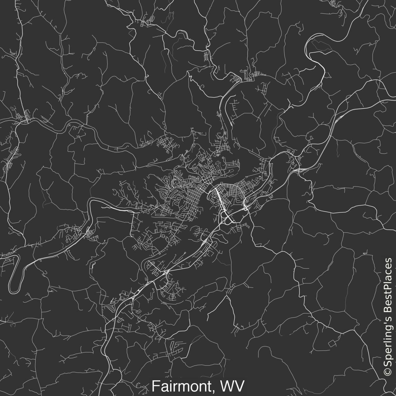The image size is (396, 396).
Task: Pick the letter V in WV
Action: click(x=240, y=386)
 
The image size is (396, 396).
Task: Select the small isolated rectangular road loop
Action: click(x=332, y=343)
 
